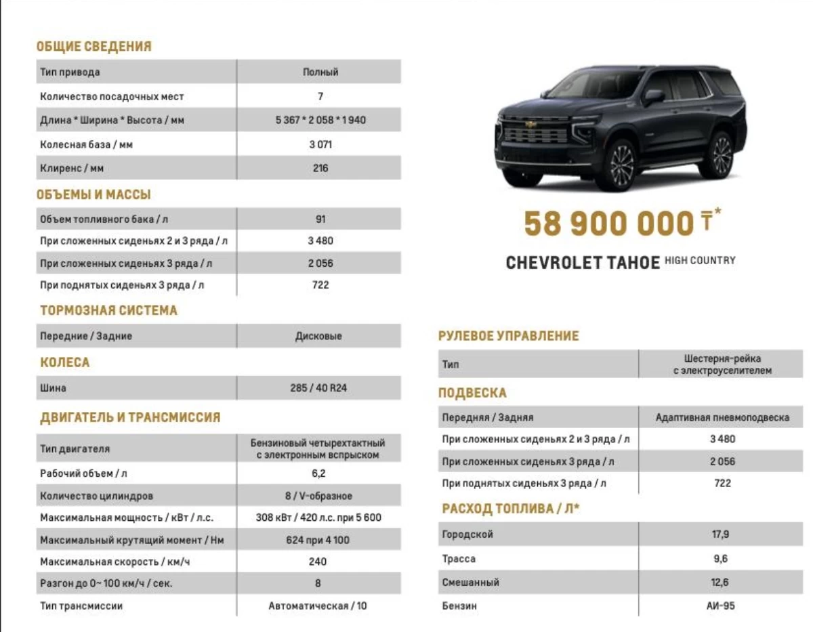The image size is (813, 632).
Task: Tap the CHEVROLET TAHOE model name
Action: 583,263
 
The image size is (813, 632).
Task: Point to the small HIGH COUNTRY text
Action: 700,260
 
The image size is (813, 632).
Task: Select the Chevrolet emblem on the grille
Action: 530,124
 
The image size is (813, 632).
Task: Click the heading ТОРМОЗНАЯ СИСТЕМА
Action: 108,311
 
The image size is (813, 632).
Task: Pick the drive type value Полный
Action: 320,72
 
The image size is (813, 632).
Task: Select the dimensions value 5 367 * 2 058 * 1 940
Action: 320,121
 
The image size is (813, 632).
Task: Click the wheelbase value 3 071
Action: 320,144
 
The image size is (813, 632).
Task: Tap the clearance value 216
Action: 320,168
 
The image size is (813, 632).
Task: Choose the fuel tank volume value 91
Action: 320,219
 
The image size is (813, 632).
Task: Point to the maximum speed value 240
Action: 318,562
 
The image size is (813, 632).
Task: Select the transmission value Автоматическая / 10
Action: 318,606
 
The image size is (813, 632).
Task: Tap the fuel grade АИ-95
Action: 720,606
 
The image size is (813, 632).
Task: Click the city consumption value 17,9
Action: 720,534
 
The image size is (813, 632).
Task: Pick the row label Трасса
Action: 459,559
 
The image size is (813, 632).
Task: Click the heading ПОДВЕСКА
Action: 472,394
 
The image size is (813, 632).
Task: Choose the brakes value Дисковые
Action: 318,336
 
